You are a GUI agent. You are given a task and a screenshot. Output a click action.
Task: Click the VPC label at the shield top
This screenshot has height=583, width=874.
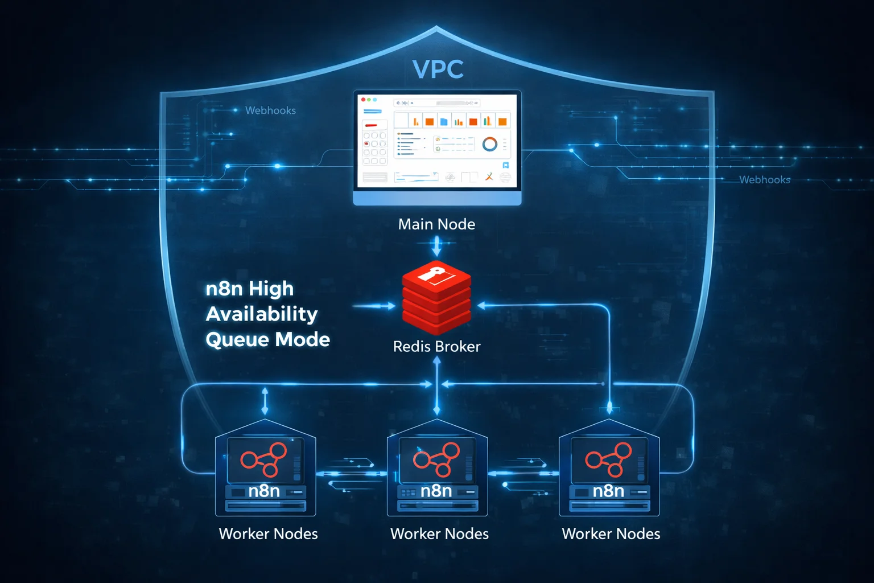pyautogui.click(x=438, y=69)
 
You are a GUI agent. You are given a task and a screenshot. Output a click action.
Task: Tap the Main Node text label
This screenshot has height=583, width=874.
pyautogui.click(x=436, y=224)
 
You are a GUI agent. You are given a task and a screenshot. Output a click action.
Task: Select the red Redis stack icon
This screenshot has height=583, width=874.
pyautogui.click(x=436, y=298)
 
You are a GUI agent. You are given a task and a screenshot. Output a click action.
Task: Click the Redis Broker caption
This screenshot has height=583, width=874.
pyautogui.click(x=436, y=346)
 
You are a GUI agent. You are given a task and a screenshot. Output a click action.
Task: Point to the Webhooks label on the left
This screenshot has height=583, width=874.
pyautogui.click(x=270, y=110)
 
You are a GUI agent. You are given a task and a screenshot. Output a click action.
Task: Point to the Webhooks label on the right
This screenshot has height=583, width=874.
pyautogui.click(x=764, y=180)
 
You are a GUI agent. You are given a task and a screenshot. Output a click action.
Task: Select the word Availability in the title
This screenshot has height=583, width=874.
pyautogui.click(x=262, y=314)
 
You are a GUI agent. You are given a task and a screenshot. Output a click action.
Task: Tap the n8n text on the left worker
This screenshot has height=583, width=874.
pyautogui.click(x=264, y=491)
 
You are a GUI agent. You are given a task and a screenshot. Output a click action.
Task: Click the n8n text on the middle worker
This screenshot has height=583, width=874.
pyautogui.click(x=436, y=491)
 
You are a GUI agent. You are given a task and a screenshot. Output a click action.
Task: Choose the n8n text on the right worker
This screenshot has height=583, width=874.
pyautogui.click(x=608, y=491)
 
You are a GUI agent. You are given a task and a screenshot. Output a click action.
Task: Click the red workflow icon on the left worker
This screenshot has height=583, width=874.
pyautogui.click(x=263, y=459)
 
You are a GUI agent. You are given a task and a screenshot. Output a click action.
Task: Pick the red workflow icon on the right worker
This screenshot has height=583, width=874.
pyautogui.click(x=608, y=459)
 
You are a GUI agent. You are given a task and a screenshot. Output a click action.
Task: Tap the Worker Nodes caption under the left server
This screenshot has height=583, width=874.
pyautogui.click(x=268, y=534)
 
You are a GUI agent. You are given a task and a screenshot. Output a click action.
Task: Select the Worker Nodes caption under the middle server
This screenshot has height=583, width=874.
pyautogui.click(x=439, y=534)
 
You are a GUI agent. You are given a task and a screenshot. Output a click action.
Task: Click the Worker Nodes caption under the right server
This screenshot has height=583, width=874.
pyautogui.click(x=611, y=534)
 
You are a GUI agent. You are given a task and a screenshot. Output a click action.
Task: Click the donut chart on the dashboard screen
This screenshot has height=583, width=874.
pyautogui.click(x=489, y=144)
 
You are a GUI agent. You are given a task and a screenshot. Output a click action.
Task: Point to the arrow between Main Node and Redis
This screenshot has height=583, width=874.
pyautogui.click(x=436, y=246)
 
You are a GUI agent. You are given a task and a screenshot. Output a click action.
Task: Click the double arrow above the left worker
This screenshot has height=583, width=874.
pyautogui.click(x=265, y=401)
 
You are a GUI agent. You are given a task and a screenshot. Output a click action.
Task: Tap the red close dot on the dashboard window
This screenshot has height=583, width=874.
pyautogui.click(x=364, y=100)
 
